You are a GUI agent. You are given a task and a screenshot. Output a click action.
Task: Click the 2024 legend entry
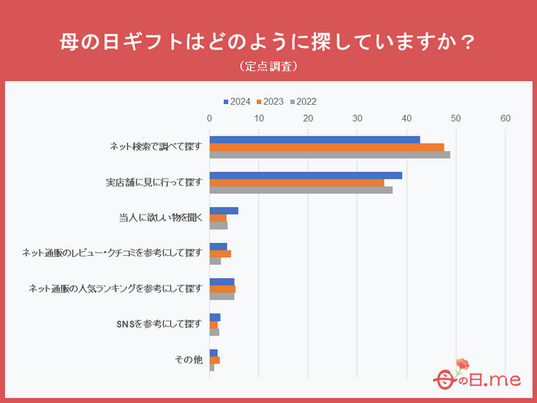(237, 102)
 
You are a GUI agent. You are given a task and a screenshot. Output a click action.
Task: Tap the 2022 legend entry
(302, 102)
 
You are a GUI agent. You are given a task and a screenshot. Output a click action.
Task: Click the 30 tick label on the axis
(358, 120)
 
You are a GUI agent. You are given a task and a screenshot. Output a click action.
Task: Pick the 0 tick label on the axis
(211, 120)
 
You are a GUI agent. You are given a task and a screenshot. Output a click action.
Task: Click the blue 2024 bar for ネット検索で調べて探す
(315, 140)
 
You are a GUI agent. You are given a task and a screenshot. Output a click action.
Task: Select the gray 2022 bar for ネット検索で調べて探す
(330, 154)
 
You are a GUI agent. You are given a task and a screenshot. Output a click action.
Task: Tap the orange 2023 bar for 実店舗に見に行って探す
(297, 183)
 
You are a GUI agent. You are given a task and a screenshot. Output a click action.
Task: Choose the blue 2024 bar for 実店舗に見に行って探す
(306, 175)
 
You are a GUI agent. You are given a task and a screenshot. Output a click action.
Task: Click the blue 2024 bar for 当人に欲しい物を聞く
(224, 211)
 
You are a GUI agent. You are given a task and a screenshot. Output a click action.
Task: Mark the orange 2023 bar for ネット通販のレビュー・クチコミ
(221, 254)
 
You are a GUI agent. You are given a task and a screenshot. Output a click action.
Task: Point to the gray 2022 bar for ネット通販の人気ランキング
(222, 296)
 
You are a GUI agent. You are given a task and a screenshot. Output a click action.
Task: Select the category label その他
(188, 360)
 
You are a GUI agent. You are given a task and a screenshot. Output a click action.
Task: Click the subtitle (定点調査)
(268, 65)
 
